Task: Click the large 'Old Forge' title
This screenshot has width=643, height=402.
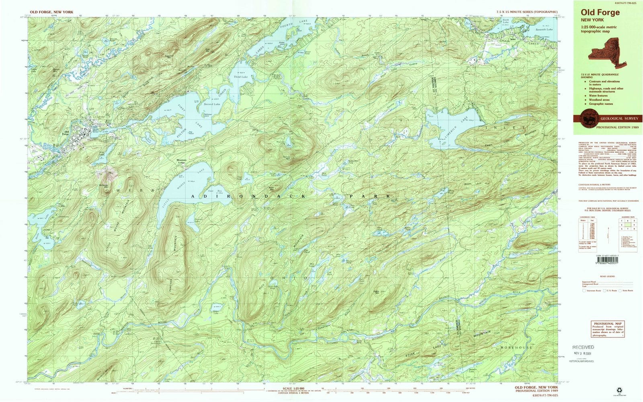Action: pyautogui.click(x=600, y=12)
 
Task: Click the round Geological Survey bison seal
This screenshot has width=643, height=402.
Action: pyautogui.click(x=587, y=119)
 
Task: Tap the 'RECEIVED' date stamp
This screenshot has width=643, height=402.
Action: pyautogui.click(x=583, y=347)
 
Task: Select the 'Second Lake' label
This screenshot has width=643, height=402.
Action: pyautogui.click(x=212, y=104)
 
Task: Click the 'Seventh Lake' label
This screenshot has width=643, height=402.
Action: pyautogui.click(x=544, y=29)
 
